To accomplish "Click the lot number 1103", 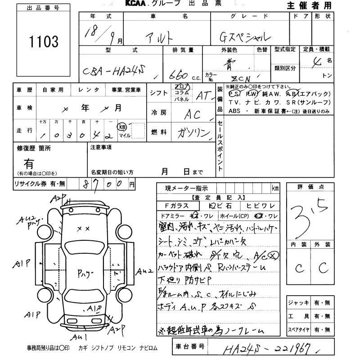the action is point(44,42).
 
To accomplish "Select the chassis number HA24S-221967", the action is point(269,347).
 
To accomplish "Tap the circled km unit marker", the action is point(122,127).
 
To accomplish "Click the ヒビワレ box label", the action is point(261,206).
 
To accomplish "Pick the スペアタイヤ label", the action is point(298,330).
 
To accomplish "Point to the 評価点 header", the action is point(311,187).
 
